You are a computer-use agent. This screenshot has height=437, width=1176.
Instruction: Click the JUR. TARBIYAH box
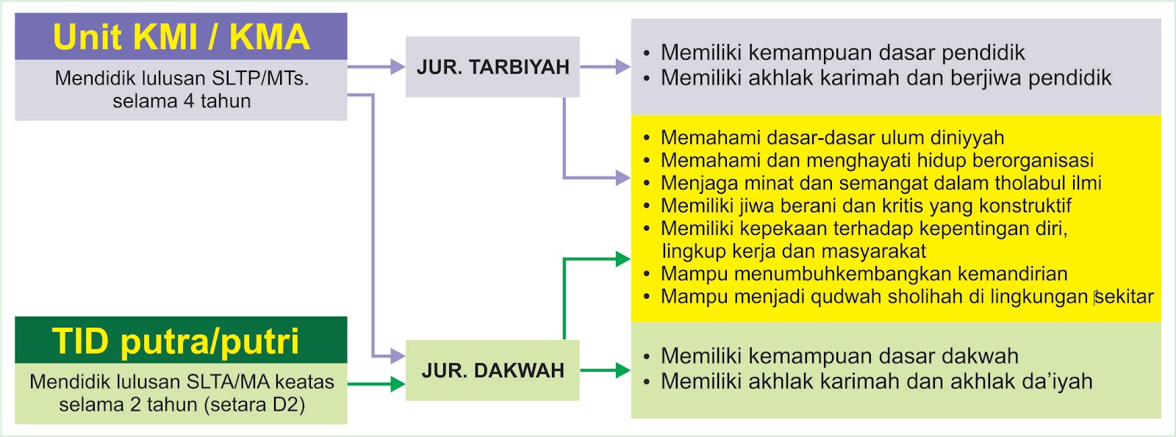[x=492, y=67]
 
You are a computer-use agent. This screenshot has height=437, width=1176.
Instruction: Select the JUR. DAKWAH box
[x=492, y=370]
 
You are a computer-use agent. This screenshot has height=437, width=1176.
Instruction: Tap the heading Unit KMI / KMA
[x=181, y=37]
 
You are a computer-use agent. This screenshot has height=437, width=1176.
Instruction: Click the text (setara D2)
[x=258, y=405]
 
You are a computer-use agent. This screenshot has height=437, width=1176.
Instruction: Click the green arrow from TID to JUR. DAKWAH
[x=375, y=383]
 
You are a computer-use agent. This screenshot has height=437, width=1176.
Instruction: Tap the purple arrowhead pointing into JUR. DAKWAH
[x=398, y=357]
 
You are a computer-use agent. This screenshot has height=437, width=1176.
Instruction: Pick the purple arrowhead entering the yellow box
[x=623, y=178]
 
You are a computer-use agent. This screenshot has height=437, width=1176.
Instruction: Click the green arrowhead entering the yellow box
[x=623, y=259]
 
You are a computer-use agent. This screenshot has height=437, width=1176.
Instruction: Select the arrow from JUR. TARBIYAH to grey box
[x=605, y=67]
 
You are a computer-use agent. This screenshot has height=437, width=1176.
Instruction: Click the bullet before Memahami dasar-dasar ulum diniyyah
[x=646, y=138]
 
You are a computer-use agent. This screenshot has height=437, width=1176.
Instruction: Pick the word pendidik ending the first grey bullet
[x=983, y=53]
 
